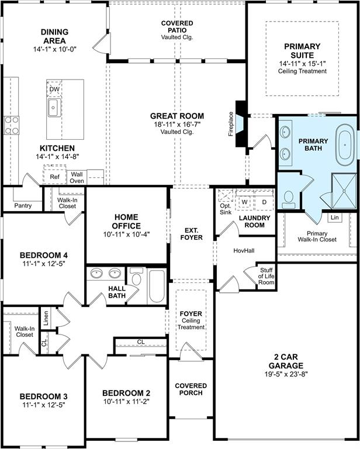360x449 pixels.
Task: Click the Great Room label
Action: pyautogui.click(x=177, y=116)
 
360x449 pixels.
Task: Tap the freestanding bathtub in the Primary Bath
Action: pyautogui.click(x=345, y=145)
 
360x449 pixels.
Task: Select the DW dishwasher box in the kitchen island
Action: pyautogui.click(x=54, y=89)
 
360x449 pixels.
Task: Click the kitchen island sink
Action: pyautogui.click(x=54, y=108)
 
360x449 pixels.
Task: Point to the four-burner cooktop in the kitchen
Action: pyautogui.click(x=12, y=126)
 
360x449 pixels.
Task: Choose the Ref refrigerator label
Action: pyautogui.click(x=55, y=177)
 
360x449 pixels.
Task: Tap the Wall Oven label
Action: pyautogui.click(x=77, y=178)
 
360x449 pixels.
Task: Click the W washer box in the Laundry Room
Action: pyautogui.click(x=244, y=202)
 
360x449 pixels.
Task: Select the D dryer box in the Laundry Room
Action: pyautogui.click(x=264, y=202)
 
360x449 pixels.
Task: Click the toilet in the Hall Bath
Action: pyautogui.click(x=137, y=277)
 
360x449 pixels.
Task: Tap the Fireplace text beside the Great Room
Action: pyautogui.click(x=231, y=124)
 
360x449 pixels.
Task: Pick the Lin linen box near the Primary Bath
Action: pyautogui.click(x=334, y=217)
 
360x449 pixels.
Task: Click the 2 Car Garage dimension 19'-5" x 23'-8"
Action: pyautogui.click(x=286, y=374)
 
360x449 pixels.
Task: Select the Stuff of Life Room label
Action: pyautogui.click(x=266, y=277)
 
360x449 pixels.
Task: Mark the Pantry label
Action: pyautogui.click(x=23, y=206)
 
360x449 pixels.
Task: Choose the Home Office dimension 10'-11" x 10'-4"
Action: pyautogui.click(x=126, y=234)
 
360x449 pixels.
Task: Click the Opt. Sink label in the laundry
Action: pyautogui.click(x=226, y=209)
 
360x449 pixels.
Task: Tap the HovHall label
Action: pyautogui.click(x=244, y=251)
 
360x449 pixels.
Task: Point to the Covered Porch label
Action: pyautogui.click(x=191, y=389)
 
